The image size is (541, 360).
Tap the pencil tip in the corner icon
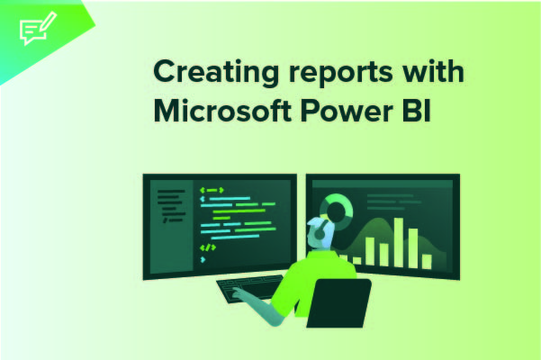click(x=46, y=18)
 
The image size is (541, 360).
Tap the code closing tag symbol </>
click(x=207, y=247)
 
